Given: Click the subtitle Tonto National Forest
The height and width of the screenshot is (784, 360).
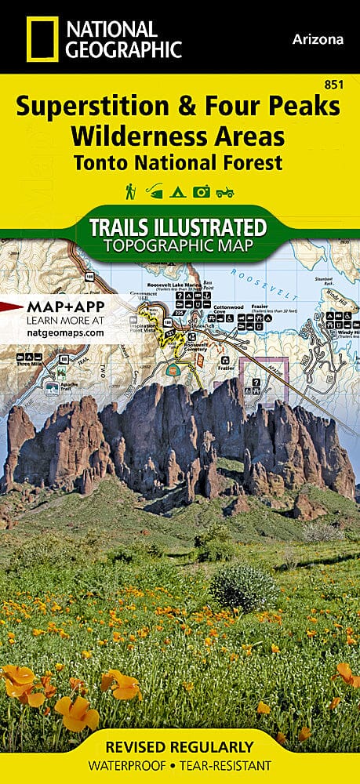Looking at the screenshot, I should coord(179,162).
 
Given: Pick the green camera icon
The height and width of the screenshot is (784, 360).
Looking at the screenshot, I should coord(202,191).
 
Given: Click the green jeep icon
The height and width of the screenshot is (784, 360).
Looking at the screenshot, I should coord(226,191).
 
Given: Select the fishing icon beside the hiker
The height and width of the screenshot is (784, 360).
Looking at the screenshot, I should coord(154,191).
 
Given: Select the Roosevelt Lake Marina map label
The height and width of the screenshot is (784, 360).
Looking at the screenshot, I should coord(175,286).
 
